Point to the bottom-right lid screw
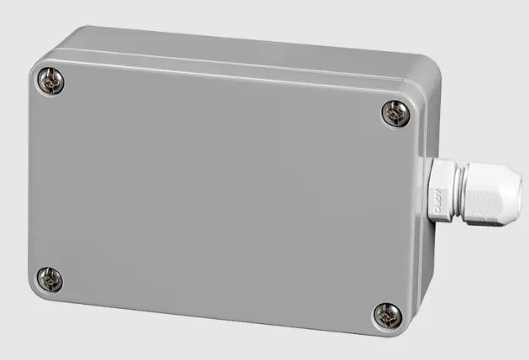click(386, 315)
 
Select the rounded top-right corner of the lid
click(410, 94)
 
